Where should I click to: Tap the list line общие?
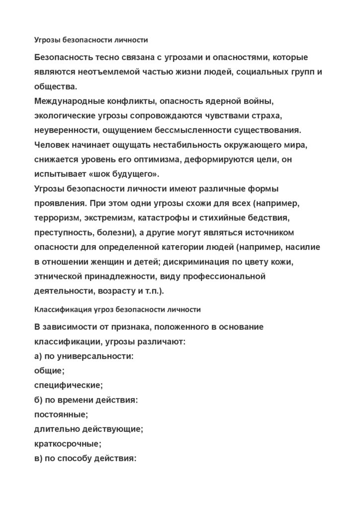pyautogui.click(x=50, y=370)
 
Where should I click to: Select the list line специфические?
pyautogui.click(x=68, y=385)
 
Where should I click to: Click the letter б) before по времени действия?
pyautogui.click(x=39, y=399)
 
